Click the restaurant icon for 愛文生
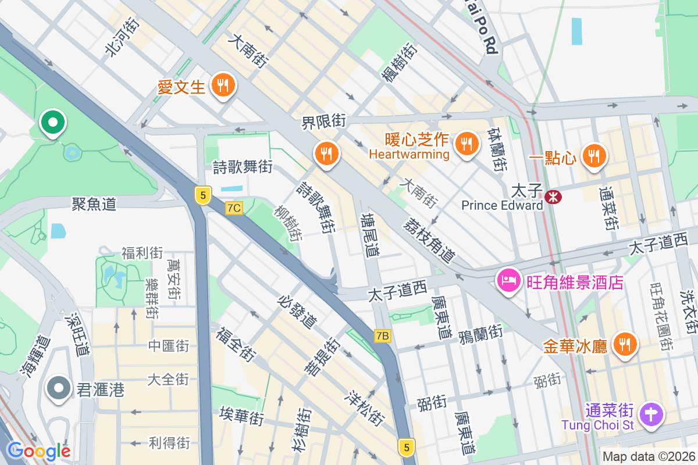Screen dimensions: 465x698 point(223,86)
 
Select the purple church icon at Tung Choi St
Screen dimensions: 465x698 point(651,415)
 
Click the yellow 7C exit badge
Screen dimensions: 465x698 point(234,208)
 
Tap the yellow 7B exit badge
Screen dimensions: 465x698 point(382,336)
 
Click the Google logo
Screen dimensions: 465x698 point(38,450)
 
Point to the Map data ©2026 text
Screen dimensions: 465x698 point(648,456)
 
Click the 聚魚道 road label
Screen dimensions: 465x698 point(94,203)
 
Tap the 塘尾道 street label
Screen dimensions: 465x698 point(369,235)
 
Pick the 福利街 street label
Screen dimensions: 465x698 point(142,253)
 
